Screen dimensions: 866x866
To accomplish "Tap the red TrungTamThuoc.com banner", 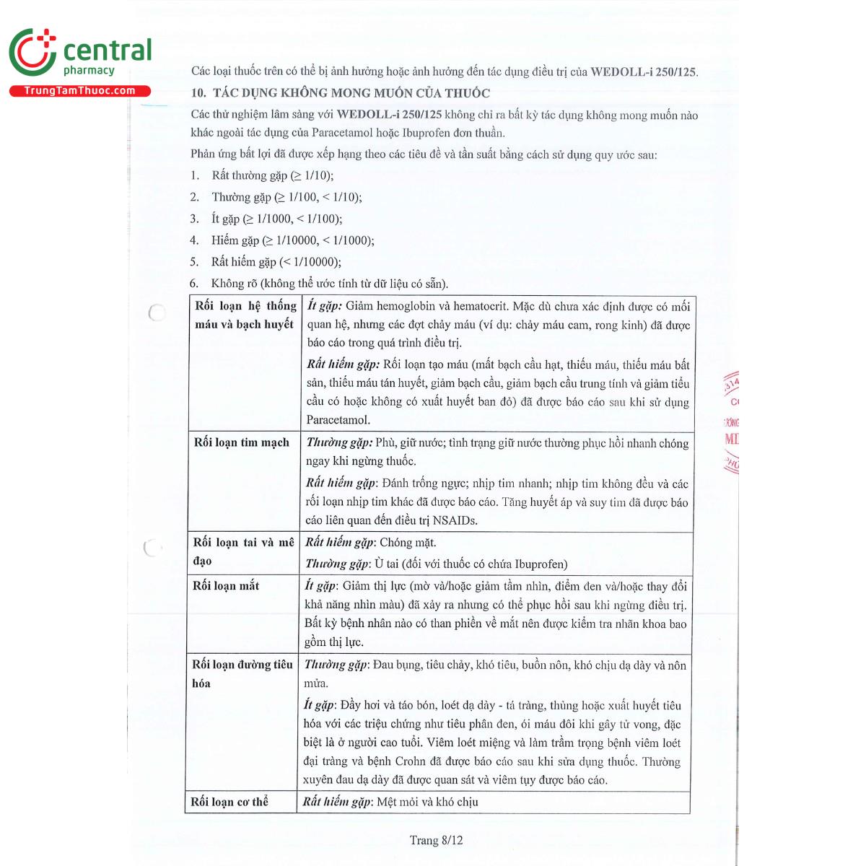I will [79, 91].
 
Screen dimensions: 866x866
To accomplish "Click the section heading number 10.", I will [198, 93].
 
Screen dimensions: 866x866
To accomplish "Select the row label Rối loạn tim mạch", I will [241, 442].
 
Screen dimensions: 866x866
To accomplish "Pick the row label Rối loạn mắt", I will [226, 585].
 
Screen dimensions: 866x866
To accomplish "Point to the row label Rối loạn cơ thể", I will [229, 802].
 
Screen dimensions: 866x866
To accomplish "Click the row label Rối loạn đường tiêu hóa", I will [242, 673].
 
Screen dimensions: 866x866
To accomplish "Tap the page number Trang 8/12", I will [436, 840].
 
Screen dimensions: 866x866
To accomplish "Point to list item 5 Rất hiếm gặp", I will [276, 262].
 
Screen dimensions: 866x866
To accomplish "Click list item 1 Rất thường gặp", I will [272, 175].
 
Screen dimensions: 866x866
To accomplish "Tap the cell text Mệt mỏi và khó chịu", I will [427, 802].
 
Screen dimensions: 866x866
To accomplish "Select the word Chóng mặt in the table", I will [408, 543].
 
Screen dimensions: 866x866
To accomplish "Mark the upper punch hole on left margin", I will [156, 312].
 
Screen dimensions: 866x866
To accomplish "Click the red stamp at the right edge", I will [731, 422].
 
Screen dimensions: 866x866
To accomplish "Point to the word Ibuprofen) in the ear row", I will [541, 564].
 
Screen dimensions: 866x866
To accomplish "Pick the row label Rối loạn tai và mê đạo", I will [243, 551].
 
